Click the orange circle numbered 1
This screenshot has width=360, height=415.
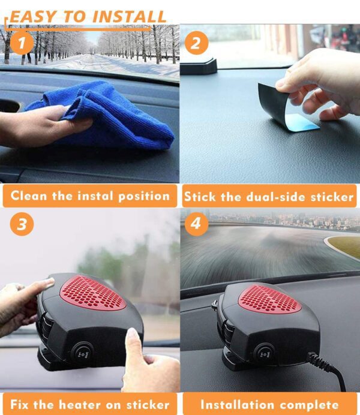[22, 43]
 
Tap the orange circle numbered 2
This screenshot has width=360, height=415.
[196, 43]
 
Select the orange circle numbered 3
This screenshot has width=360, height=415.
[22, 224]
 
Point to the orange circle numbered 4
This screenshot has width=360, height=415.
[196, 224]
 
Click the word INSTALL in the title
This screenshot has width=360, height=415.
[129, 17]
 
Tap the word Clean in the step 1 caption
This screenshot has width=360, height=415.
[29, 196]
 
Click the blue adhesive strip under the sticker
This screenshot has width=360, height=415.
[304, 125]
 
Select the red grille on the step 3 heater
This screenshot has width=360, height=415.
[92, 293]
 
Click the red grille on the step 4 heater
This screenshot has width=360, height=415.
[270, 299]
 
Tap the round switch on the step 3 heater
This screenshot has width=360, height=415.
[82, 353]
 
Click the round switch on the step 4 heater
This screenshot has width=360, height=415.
[264, 354]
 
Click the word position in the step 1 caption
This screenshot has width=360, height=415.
[144, 196]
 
